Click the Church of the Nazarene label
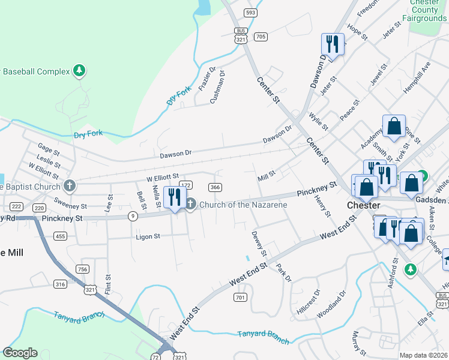[243, 205]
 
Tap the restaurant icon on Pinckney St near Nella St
[175, 197]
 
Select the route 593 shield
[251, 13]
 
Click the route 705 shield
[260, 37]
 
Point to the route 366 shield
[215, 187]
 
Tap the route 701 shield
[240, 297]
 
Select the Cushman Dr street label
[217, 88]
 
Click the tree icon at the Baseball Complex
[79, 71]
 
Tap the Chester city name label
[364, 205]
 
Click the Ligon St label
[148, 236]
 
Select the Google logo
[20, 353]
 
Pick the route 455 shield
[60, 236]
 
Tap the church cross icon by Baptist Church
[70, 185]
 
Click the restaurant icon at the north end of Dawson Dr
[332, 44]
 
